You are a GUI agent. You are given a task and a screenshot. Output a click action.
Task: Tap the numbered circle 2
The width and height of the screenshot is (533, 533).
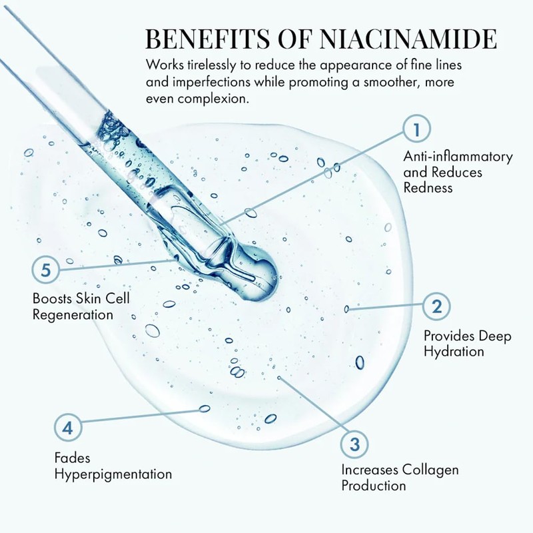437,306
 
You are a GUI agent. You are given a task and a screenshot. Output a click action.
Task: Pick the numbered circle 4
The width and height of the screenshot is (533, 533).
67,427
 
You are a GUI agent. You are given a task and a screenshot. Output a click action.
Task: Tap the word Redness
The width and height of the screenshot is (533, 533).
428,188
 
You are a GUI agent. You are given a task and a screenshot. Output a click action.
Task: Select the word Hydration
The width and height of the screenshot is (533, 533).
454,351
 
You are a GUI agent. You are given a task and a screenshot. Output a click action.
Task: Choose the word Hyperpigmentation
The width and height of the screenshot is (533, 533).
113,474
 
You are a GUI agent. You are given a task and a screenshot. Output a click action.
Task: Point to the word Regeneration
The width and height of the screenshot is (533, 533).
73,313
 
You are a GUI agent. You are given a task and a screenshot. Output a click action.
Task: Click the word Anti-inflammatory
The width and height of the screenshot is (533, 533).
458,157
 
